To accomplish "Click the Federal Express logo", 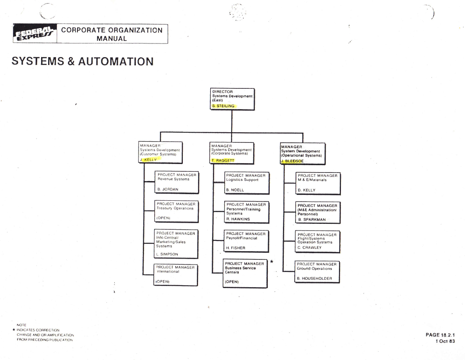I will pos(35,34).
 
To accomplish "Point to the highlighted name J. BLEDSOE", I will pos(292,161).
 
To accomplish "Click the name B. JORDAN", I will pos(168,189).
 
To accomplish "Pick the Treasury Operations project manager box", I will pos(176,211).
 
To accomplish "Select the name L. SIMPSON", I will pos(167,254).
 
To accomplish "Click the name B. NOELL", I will pos(235,190).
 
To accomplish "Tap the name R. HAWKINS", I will pos(238,219).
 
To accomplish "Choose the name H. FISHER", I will pos(236,248).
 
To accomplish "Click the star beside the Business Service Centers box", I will pos(271,260).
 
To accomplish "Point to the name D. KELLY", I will pos(306,190).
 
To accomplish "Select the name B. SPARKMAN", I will pos(312,220).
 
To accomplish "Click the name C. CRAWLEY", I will pos(310,248).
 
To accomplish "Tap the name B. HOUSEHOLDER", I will pos(315,279).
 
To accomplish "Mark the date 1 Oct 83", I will pos(445,341).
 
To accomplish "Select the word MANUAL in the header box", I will pos(112,38).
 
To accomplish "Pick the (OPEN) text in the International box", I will pos(162,281).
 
